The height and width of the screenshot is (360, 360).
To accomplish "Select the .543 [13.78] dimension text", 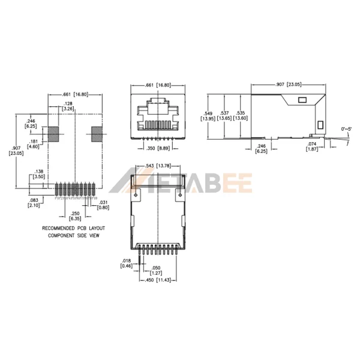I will (x=158, y=165).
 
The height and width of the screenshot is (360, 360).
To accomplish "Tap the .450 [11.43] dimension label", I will (x=157, y=280).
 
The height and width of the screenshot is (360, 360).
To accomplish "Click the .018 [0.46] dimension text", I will (x=126, y=262).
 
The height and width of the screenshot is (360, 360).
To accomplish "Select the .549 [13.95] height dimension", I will (x=208, y=115).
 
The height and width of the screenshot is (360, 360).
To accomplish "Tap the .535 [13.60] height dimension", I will (x=240, y=115).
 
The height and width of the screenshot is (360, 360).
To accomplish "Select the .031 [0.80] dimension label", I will (x=103, y=205).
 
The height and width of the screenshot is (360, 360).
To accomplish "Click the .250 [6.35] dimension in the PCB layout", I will (x=74, y=215).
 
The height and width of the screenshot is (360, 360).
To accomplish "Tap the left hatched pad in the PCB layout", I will (x=53, y=134).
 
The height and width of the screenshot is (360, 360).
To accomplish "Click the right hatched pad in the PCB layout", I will (x=97, y=134).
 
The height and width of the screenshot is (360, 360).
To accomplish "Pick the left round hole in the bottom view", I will (x=136, y=195).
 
